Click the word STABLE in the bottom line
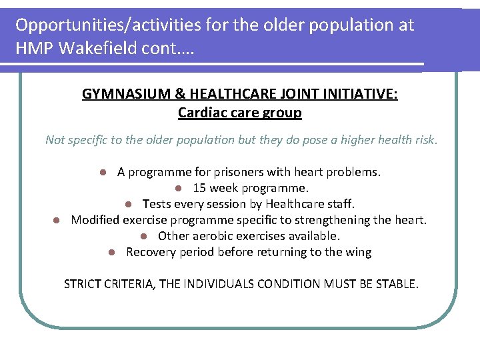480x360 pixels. (397, 284)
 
